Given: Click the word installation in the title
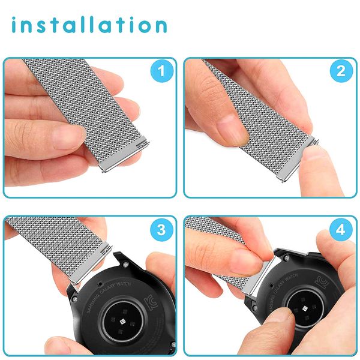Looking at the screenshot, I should (88, 25).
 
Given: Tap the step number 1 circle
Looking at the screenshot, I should (160, 72).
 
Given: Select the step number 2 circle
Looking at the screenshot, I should (340, 72).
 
